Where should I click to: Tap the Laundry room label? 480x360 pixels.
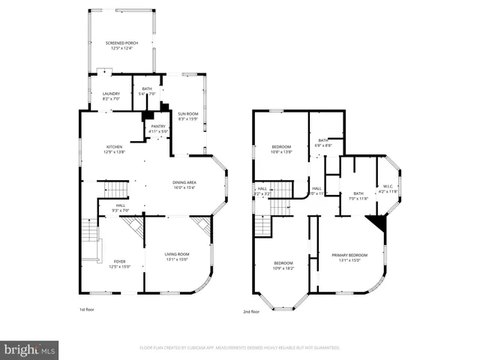click(111, 96)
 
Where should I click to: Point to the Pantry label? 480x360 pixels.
click(158, 129)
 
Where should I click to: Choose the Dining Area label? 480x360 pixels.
click(184, 185)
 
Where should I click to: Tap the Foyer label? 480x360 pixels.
click(120, 264)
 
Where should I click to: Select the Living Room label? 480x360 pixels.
click(177, 257)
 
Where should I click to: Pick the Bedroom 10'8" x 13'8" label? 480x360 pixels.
click(281, 148)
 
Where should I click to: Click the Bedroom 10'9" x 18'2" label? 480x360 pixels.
click(283, 265)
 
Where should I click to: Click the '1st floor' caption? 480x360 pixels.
click(88, 309)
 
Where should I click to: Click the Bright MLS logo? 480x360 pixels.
click(29, 349)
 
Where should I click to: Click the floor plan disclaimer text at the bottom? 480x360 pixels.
click(240, 348)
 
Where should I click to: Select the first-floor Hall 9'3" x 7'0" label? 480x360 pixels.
click(121, 207)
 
